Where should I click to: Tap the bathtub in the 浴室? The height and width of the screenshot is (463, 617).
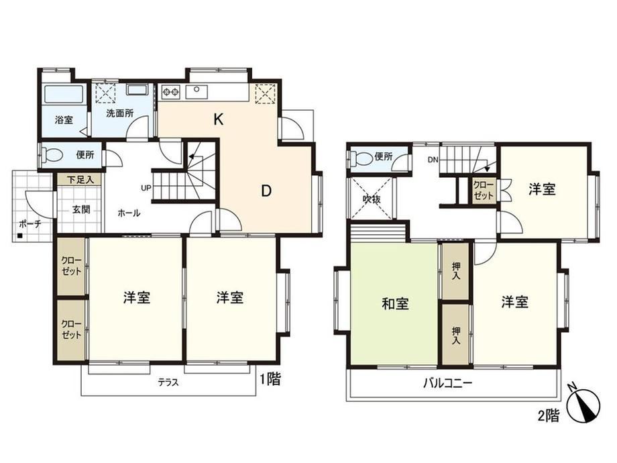pyautogui.click(x=63, y=95)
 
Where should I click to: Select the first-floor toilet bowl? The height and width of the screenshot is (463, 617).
pyautogui.click(x=52, y=154)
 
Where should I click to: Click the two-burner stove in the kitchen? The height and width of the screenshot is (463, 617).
pyautogui.click(x=171, y=92)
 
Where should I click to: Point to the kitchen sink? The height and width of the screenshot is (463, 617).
pyautogui.click(x=197, y=92)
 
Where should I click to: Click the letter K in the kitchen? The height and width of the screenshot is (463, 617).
pyautogui.click(x=219, y=119)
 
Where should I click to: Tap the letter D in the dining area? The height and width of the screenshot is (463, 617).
pyautogui.click(x=266, y=191)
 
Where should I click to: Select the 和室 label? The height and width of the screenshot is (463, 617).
pyautogui.click(x=396, y=303)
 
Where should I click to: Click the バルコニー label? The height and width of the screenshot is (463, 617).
pyautogui.click(x=447, y=382)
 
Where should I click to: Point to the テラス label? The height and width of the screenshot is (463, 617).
pyautogui.click(x=168, y=382)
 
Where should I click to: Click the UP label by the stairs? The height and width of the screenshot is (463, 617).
pyautogui.click(x=146, y=188)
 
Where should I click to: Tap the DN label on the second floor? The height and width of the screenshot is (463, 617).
pyautogui.click(x=433, y=160)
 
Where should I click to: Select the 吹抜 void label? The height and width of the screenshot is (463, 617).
pyautogui.click(x=372, y=199)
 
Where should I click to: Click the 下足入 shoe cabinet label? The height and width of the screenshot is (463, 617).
pyautogui.click(x=80, y=180)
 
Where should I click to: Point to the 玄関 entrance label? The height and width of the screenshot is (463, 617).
pyautogui.click(x=81, y=209)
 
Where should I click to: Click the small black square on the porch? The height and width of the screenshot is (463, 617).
pyautogui.click(x=19, y=236)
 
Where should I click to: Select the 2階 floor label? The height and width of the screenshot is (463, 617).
pyautogui.click(x=549, y=415)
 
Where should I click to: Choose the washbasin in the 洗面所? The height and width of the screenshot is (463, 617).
pyautogui.click(x=137, y=90)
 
